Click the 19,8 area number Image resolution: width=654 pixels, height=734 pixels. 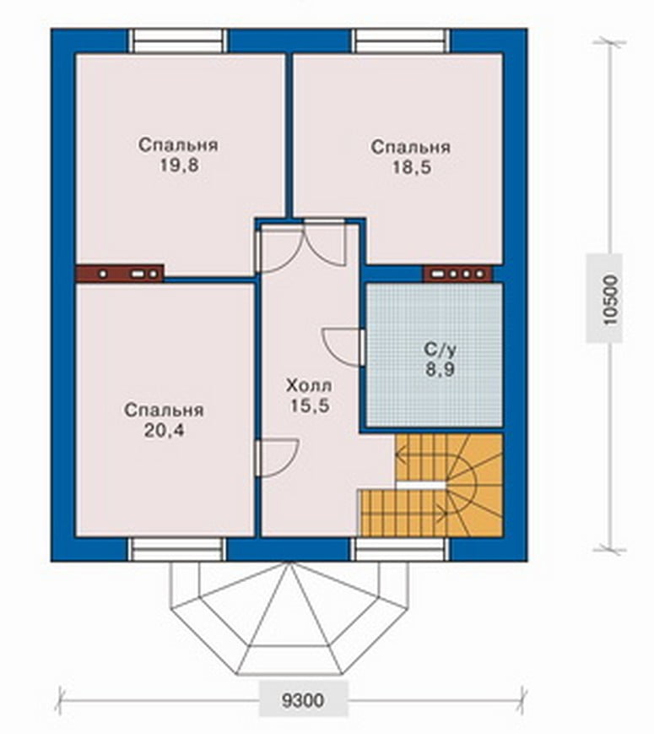[x=179, y=166]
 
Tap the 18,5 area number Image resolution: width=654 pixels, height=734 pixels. [x=411, y=167]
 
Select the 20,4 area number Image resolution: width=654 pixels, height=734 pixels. [x=164, y=431]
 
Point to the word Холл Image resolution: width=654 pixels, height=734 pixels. [x=309, y=386]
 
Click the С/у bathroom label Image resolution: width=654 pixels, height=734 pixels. [x=440, y=349]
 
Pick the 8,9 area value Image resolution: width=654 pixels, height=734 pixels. [x=440, y=370]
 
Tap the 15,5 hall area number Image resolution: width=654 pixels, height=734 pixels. [x=309, y=405]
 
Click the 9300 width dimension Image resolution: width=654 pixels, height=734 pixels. [x=303, y=700]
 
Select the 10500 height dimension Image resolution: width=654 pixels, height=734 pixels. [x=610, y=300]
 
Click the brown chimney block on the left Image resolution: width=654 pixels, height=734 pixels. [x=120, y=274]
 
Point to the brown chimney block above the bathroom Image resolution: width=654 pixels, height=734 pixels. [x=458, y=274]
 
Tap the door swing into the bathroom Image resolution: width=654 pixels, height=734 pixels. [x=343, y=347]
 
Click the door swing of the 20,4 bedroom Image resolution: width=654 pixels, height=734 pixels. [x=278, y=458]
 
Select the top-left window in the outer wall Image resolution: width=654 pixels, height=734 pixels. [x=177, y=41]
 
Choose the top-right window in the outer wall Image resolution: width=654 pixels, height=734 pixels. [x=401, y=41]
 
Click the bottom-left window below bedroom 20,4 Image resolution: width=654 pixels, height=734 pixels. [x=177, y=550]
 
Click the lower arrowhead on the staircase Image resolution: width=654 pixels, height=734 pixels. [x=442, y=513]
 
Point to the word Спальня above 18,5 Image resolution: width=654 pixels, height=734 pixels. [x=411, y=147]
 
